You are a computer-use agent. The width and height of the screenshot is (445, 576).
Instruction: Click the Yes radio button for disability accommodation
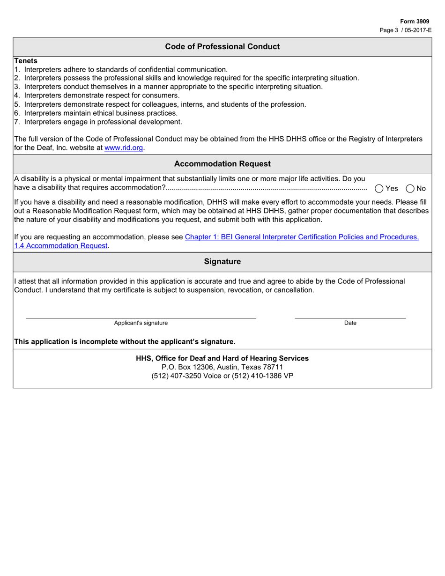[x=379, y=188]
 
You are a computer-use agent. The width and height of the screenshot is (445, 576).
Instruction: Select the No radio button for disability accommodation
[x=410, y=188]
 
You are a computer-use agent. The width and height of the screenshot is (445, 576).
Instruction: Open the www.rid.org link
[x=124, y=148]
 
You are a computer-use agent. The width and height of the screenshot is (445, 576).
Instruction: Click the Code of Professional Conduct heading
[x=222, y=47]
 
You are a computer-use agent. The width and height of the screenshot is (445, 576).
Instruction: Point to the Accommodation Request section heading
[x=222, y=164]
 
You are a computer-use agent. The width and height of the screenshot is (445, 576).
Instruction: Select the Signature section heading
[x=222, y=262]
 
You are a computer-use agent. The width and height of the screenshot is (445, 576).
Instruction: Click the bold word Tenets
[x=26, y=61]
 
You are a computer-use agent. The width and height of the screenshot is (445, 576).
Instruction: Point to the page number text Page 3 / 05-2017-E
[x=406, y=30]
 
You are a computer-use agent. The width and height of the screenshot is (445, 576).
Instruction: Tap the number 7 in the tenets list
[x=16, y=122]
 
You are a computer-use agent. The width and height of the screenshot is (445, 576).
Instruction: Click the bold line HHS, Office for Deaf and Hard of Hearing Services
[x=222, y=358]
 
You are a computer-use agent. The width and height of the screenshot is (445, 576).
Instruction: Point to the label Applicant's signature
[x=141, y=323]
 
